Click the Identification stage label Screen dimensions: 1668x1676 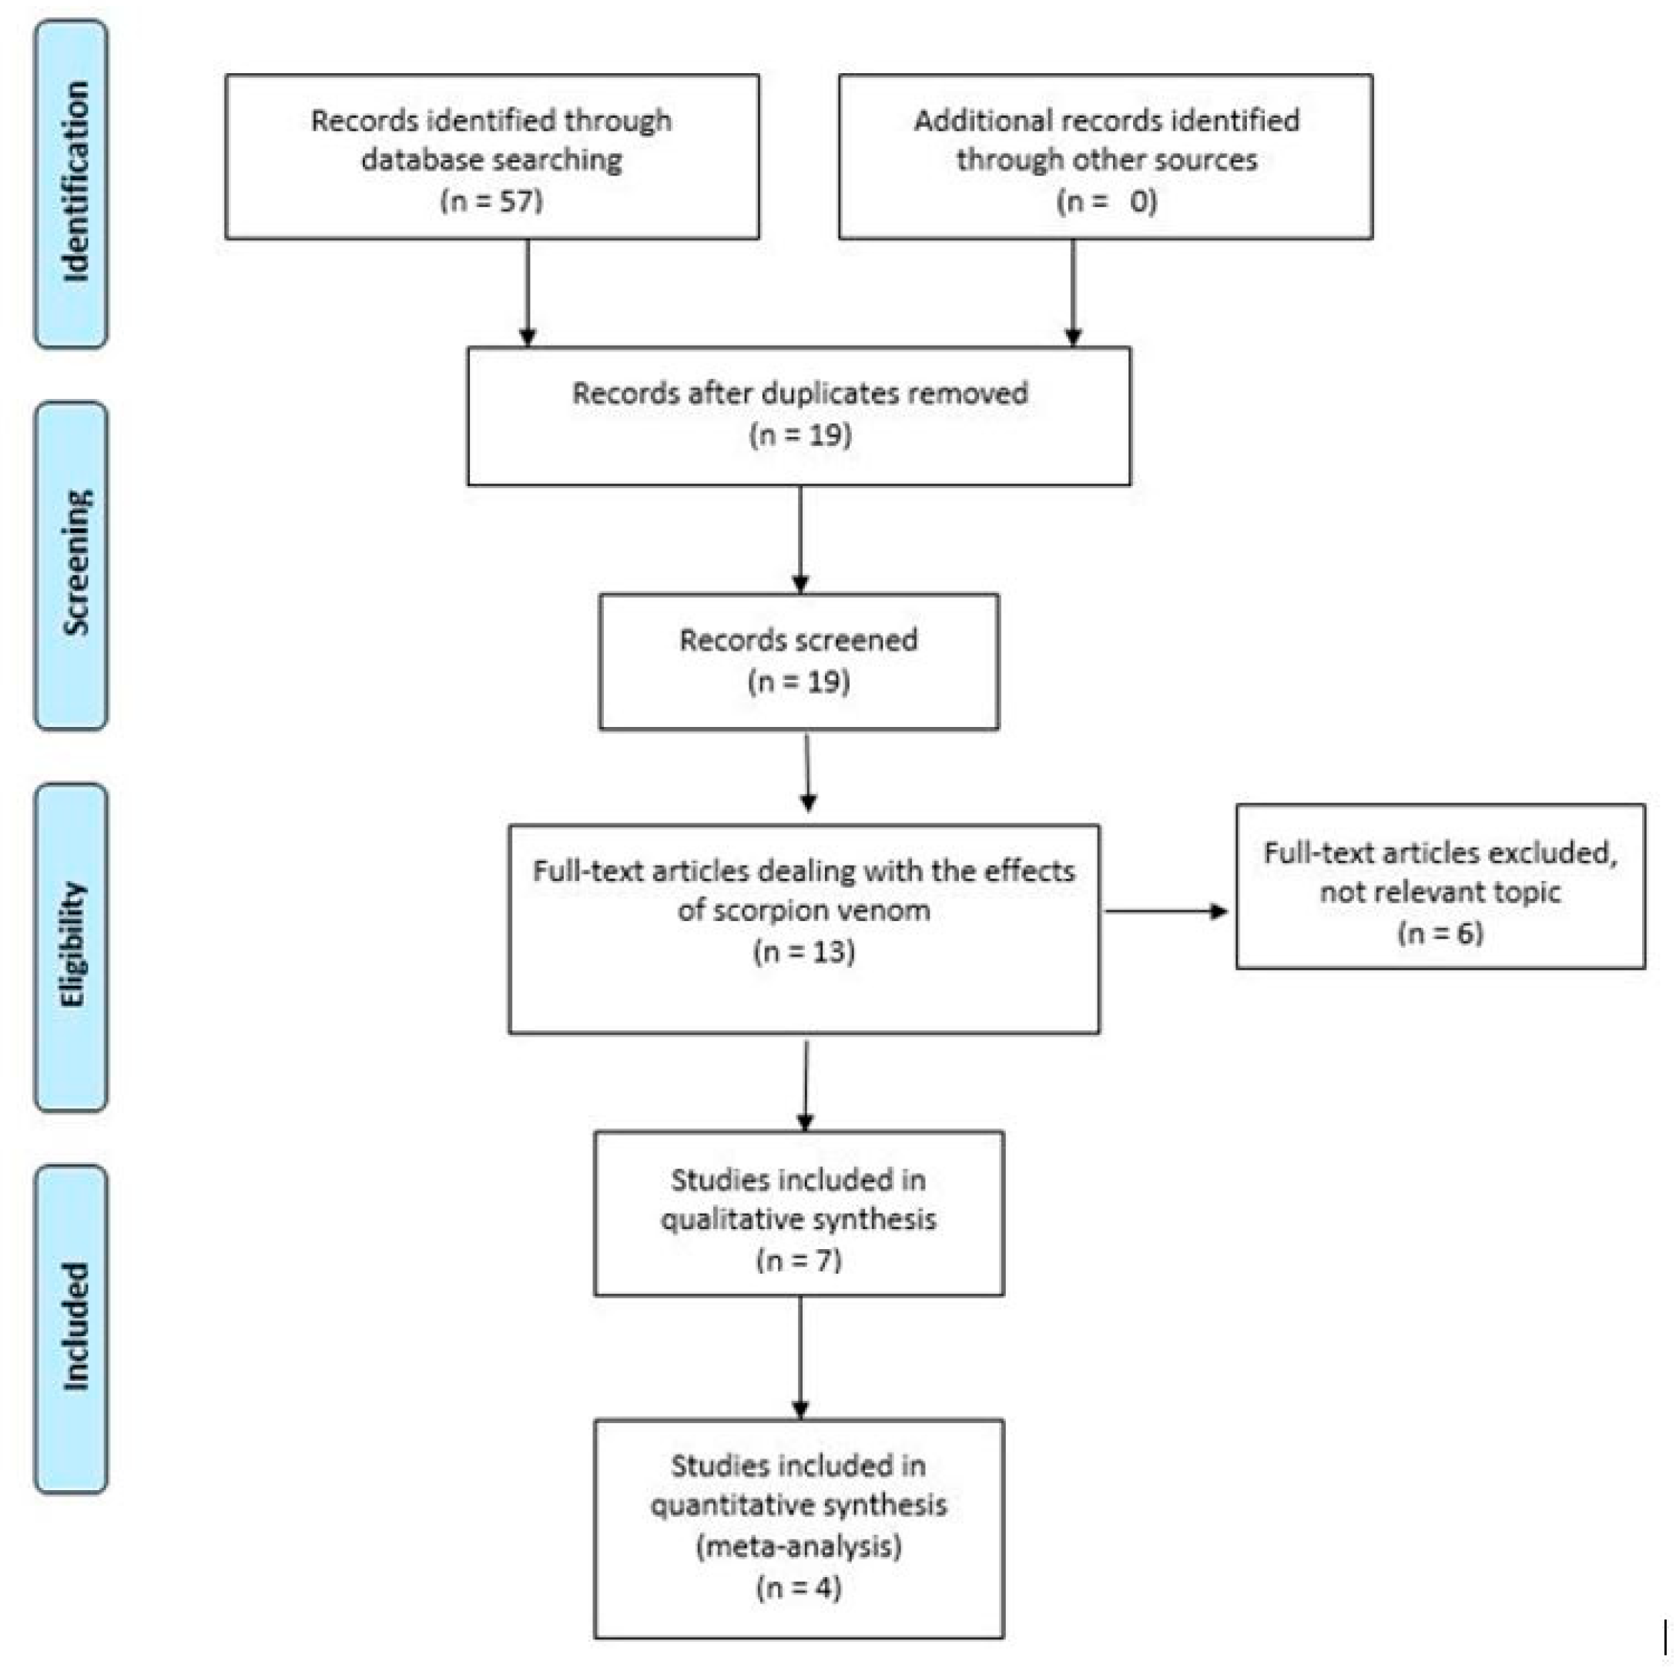(x=73, y=183)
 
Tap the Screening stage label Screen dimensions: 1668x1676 (x=73, y=564)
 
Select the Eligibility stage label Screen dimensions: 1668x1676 (x=73, y=946)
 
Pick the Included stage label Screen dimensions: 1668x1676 (x=73, y=1327)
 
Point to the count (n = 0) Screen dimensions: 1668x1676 (x=1106, y=200)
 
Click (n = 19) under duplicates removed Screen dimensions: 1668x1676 (x=799, y=434)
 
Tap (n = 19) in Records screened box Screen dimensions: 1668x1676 (x=798, y=681)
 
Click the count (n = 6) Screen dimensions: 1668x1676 (x=1440, y=933)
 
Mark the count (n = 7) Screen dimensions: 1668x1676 (x=799, y=1258)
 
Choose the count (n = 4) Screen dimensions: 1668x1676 (x=799, y=1587)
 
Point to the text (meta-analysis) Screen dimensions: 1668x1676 (x=799, y=1546)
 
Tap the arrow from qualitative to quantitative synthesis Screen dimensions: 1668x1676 (x=799, y=1358)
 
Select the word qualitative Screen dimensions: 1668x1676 (x=719, y=1219)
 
